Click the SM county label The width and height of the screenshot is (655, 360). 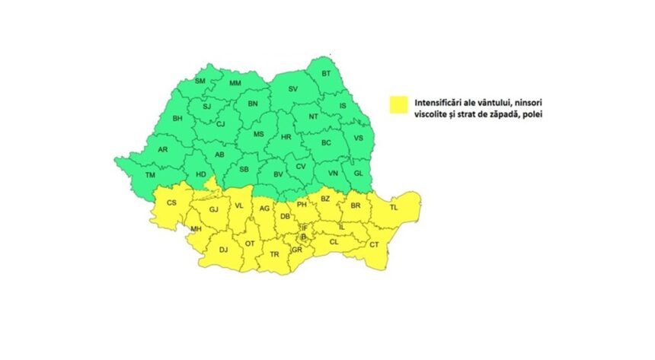pyautogui.click(x=200, y=81)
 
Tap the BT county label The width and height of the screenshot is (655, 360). pyautogui.click(x=326, y=73)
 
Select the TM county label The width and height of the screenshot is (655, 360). pyautogui.click(x=150, y=176)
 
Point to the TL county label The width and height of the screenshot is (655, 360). pyautogui.click(x=394, y=207)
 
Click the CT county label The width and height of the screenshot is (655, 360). pyautogui.click(x=374, y=244)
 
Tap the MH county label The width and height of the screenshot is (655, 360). pyautogui.click(x=196, y=229)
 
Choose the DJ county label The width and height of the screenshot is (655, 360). pyautogui.click(x=223, y=249)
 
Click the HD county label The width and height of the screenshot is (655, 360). pyautogui.click(x=201, y=174)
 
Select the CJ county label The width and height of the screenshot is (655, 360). pyautogui.click(x=220, y=123)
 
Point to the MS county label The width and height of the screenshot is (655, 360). pyautogui.click(x=258, y=134)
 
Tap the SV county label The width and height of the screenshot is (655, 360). pyautogui.click(x=292, y=89)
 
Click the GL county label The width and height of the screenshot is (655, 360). pyautogui.click(x=358, y=174)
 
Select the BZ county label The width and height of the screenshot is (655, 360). pyautogui.click(x=325, y=199)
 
